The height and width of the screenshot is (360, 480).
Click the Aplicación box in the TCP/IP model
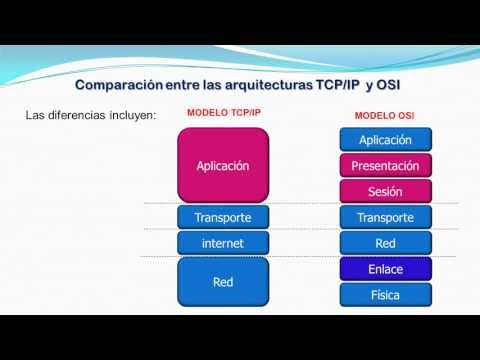pyautogui.click(x=222, y=165)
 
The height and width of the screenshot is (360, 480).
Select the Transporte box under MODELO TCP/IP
pyautogui.click(x=222, y=217)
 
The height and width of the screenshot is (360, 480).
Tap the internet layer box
pyautogui.click(x=222, y=243)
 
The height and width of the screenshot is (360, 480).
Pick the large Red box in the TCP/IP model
pyautogui.click(x=222, y=282)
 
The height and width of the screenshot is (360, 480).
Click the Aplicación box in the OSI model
pyautogui.click(x=385, y=141)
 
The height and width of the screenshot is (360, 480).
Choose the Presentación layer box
pyautogui.click(x=385, y=166)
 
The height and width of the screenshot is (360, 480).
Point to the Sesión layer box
pyautogui.click(x=385, y=191)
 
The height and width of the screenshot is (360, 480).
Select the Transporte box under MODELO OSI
pyautogui.click(x=385, y=217)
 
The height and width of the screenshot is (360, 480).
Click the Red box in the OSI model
pyautogui.click(x=385, y=243)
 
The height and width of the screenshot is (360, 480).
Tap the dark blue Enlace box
pyautogui.click(x=385, y=268)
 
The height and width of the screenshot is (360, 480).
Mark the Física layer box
pyautogui.click(x=385, y=294)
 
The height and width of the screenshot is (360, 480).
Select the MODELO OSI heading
pyautogui.click(x=385, y=115)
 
